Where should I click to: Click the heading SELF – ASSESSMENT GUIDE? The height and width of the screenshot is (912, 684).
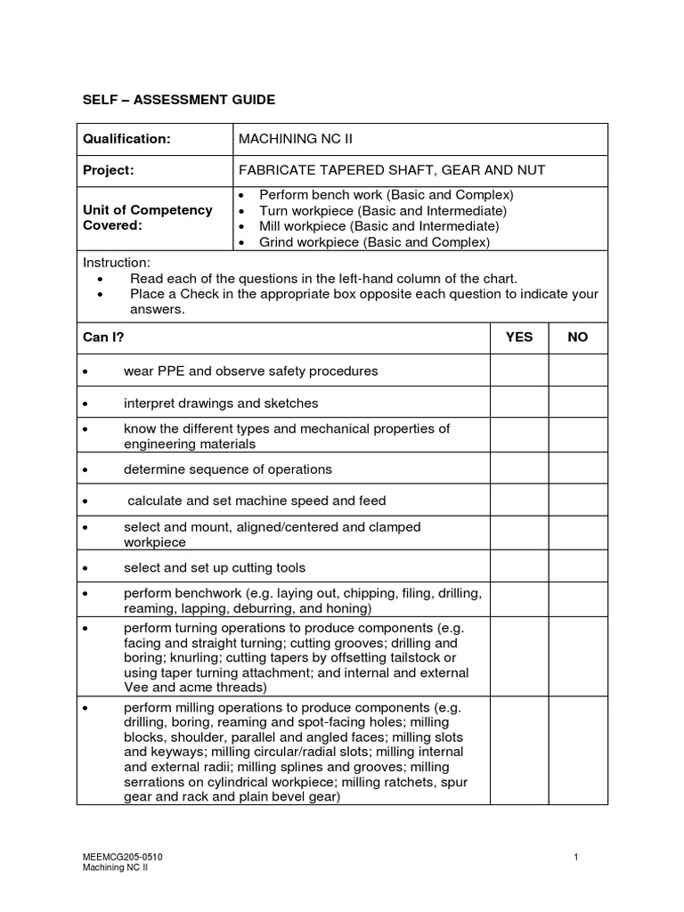pyautogui.click(x=179, y=100)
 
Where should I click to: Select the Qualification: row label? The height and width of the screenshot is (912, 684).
pyautogui.click(x=126, y=139)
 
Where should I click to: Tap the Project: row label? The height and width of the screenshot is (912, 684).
pyautogui.click(x=109, y=170)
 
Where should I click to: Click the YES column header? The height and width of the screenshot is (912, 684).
pyautogui.click(x=519, y=338)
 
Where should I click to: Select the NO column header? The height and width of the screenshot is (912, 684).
pyautogui.click(x=578, y=338)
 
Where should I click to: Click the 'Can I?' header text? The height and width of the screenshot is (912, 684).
pyautogui.click(x=104, y=338)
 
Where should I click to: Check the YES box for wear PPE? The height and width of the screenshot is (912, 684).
pyautogui.click(x=519, y=370)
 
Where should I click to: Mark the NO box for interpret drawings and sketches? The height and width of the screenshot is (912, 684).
pyautogui.click(x=578, y=403)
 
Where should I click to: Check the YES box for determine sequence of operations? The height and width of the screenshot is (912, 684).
pyautogui.click(x=519, y=469)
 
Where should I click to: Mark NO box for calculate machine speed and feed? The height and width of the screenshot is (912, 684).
pyautogui.click(x=578, y=501)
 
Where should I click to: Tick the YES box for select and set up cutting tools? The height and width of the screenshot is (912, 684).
pyautogui.click(x=519, y=567)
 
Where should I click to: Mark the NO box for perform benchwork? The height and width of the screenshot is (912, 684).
pyautogui.click(x=578, y=600)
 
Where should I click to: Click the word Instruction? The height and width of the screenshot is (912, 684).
pyautogui.click(x=117, y=263)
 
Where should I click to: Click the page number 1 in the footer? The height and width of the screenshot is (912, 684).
pyautogui.click(x=577, y=857)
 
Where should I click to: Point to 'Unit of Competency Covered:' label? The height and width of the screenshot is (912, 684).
pyautogui.click(x=148, y=217)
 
